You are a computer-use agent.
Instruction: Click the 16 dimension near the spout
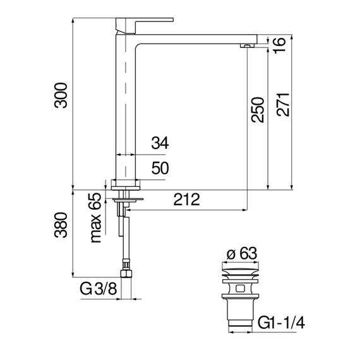(x=280, y=43)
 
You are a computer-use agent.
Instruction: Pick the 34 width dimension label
(x=160, y=143)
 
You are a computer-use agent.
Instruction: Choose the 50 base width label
(x=160, y=168)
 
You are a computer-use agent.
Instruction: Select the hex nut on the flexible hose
(x=125, y=275)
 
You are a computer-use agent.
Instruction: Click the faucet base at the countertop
(x=125, y=183)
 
